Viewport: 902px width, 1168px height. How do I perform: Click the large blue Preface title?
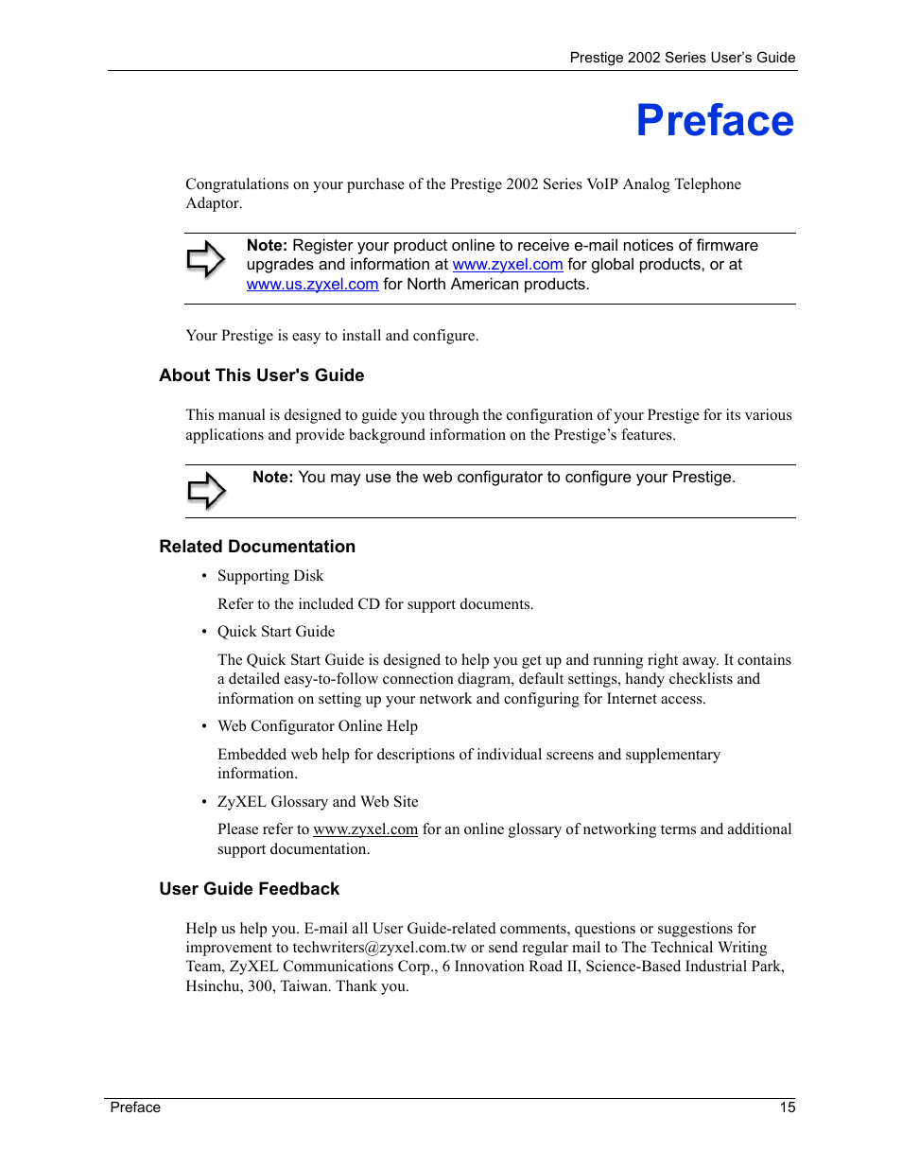pos(714,121)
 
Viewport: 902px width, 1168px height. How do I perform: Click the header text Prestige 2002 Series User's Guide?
pos(682,58)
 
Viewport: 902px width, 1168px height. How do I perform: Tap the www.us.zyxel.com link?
pos(312,285)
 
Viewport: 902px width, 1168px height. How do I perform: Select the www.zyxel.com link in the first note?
pos(507,265)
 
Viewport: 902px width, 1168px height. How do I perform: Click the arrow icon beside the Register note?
pos(205,259)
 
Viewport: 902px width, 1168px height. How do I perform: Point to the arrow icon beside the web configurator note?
pos(206,491)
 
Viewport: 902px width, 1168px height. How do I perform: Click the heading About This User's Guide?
pos(261,375)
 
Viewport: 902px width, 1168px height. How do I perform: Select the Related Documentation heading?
pos(257,547)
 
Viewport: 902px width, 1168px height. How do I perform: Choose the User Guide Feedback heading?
pos(249,889)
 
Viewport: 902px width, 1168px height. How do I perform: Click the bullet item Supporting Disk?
pos(269,576)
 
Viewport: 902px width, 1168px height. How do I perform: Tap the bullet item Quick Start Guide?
pos(276,632)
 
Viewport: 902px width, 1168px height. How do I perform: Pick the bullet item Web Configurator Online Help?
pos(317,726)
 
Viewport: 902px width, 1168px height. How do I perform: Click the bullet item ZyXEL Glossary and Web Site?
pos(318,802)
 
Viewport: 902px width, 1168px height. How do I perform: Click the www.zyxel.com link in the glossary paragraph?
pos(365,829)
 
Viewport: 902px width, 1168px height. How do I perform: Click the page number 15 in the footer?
pos(787,1107)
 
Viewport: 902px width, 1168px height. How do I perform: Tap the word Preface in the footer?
pos(135,1107)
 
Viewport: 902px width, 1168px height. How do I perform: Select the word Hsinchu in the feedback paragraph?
pos(213,986)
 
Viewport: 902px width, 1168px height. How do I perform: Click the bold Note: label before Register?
pos(267,246)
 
